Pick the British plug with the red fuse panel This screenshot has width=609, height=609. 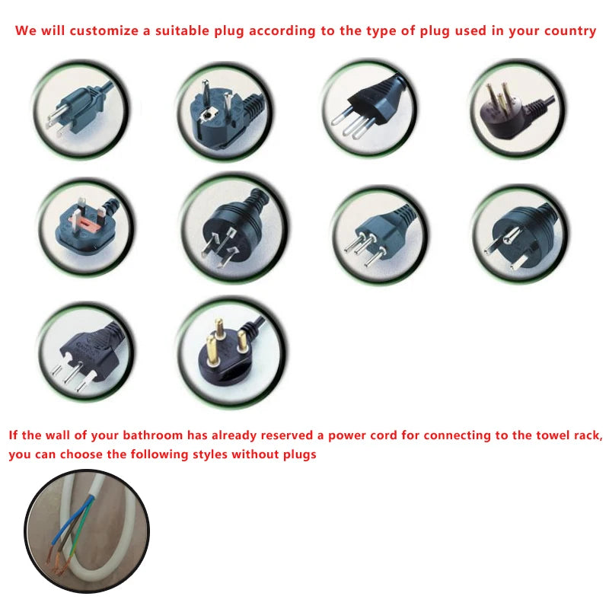point(86,225)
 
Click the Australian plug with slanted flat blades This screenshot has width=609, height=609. point(231,229)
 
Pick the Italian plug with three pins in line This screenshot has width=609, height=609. point(368,107)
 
